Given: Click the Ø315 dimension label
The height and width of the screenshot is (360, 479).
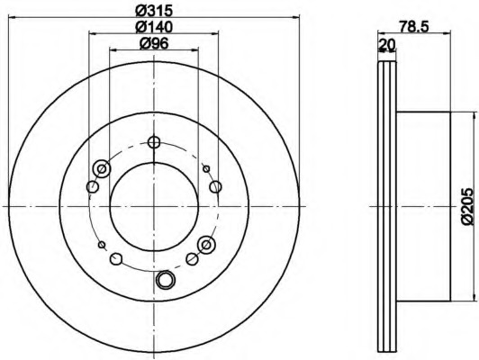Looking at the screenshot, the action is pos(154,11).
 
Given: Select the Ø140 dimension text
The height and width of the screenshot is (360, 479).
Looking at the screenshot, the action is pos(154,27).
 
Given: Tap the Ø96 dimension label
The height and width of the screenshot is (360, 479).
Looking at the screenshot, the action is pos(154,44).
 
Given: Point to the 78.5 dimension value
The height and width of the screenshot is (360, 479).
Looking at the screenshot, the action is pos(414,26).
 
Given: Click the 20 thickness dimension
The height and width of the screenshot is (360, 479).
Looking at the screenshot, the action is pos(387,45).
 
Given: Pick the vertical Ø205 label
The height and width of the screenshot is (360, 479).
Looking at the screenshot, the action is pos(467,207).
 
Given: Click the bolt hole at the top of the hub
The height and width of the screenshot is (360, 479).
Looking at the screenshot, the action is pos(154,142).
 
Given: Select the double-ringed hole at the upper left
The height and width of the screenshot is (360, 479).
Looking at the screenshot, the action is pos(102,168).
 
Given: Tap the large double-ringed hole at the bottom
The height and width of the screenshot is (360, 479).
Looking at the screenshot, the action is pos(166,280).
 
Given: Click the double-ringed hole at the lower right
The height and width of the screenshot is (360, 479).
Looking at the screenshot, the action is pos(206,245).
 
